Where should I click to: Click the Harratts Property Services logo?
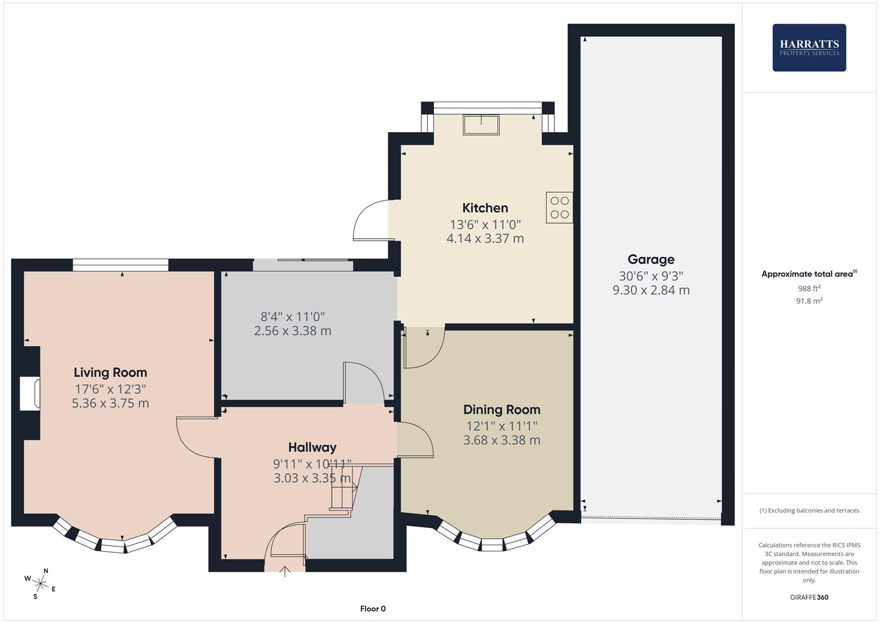click(x=809, y=48)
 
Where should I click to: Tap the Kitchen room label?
click(x=485, y=208)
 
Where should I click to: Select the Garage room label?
click(x=651, y=260)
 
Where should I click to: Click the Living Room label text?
click(x=110, y=373)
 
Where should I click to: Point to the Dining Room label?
click(x=501, y=410)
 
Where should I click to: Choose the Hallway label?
click(x=312, y=447)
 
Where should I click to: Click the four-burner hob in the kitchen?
click(x=559, y=208)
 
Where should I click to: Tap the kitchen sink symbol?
click(x=481, y=125)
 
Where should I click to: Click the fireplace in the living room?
click(x=30, y=393)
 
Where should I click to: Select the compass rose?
click(x=40, y=583)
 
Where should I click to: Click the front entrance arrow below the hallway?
click(x=285, y=571)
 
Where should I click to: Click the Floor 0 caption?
click(x=373, y=609)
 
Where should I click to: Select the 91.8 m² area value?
click(x=809, y=301)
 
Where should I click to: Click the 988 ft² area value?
click(x=809, y=288)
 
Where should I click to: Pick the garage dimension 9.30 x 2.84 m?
click(x=651, y=290)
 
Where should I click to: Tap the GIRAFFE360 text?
click(x=809, y=598)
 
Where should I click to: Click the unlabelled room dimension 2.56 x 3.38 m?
click(x=292, y=331)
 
